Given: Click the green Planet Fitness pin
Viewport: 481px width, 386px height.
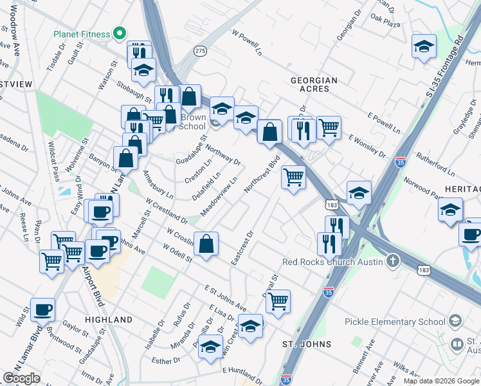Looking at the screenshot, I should (x=118, y=33).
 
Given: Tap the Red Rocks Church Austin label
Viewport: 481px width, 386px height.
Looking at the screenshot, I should (x=333, y=262).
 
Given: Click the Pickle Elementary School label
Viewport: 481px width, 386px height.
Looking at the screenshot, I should (x=395, y=322).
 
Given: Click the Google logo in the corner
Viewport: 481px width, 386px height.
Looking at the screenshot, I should (x=21, y=378).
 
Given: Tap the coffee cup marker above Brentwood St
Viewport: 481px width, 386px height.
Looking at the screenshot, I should (x=43, y=309).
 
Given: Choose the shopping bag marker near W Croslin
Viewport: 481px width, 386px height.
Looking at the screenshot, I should (x=205, y=244).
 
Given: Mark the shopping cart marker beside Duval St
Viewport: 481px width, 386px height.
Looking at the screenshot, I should (x=278, y=300).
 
